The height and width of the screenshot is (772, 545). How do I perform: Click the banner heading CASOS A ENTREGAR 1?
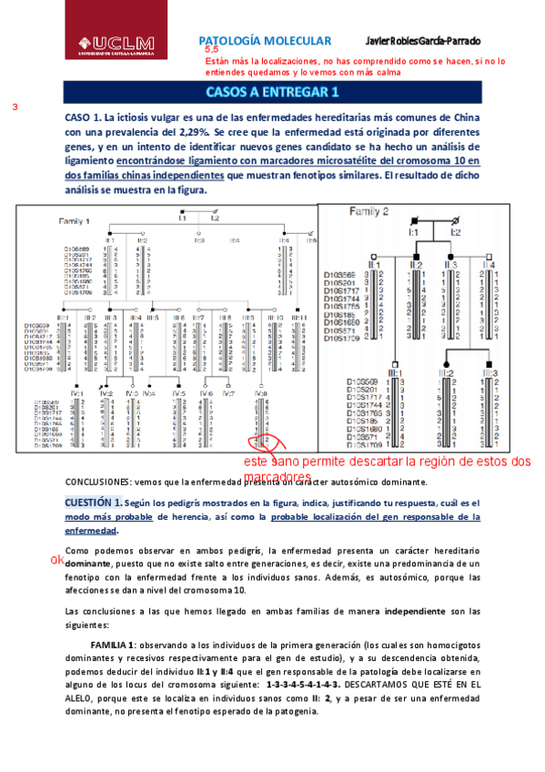point(272,92)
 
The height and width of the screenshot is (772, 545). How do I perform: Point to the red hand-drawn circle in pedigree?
point(260,442)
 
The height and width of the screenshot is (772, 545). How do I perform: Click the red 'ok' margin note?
point(57,559)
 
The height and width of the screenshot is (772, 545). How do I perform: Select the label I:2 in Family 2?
point(455,232)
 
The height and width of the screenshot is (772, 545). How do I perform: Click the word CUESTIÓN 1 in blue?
point(93,503)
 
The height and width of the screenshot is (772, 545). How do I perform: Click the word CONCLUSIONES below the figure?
point(98,482)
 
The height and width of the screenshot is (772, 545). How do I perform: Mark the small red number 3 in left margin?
point(15,107)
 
